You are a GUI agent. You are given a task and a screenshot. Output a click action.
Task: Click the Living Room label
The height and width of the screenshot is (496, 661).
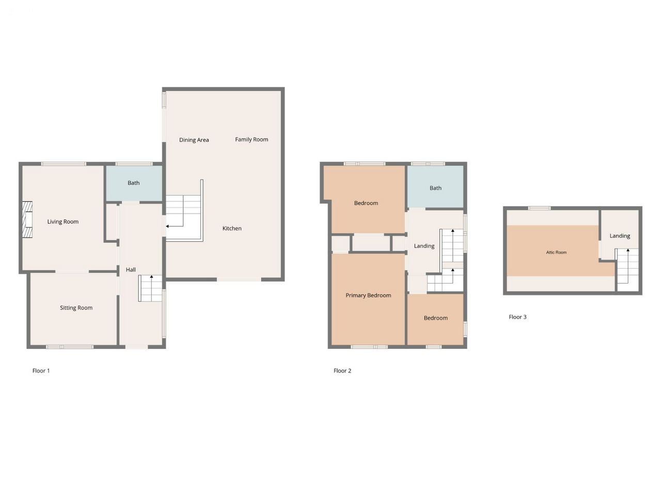(x=62, y=222)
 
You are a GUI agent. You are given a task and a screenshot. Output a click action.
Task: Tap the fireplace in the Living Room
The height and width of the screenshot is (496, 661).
(x=27, y=220)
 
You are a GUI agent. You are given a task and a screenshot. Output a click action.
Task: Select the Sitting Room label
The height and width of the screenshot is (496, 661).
(x=76, y=308)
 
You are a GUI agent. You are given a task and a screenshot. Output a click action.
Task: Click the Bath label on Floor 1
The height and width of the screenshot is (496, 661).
(x=133, y=183)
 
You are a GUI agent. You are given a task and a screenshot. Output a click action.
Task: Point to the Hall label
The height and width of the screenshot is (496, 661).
(x=131, y=270)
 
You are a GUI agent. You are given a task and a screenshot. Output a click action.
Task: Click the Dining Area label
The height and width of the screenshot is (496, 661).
(x=194, y=139)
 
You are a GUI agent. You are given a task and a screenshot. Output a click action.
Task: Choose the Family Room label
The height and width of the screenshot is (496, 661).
(x=251, y=139)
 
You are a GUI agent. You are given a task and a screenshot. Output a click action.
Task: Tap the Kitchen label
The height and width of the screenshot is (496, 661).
(x=232, y=228)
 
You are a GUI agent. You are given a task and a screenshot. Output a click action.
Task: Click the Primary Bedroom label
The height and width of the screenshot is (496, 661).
(x=368, y=296)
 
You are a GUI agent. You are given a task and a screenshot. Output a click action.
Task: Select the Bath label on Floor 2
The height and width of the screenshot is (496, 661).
(x=435, y=188)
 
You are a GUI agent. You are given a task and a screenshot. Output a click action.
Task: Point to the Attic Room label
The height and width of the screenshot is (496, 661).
(x=556, y=252)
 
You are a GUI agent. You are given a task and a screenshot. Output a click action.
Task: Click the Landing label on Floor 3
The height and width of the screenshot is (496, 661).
(x=620, y=236)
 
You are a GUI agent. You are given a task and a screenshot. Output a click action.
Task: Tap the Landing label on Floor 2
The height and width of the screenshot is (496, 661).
(x=424, y=246)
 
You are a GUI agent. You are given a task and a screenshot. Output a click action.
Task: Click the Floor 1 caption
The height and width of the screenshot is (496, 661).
(x=41, y=371)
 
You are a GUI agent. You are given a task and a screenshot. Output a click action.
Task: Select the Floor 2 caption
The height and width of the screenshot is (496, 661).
(x=342, y=371)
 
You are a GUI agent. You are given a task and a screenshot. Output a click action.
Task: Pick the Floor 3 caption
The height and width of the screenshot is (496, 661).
(x=517, y=317)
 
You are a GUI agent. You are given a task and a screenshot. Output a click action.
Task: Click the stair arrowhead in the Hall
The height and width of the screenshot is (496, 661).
(x=151, y=276)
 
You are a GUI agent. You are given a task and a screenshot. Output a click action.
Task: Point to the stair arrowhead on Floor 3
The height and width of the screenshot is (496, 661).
(x=628, y=250)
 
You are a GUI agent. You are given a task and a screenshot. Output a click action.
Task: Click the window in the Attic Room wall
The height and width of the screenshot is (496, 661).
(x=540, y=208)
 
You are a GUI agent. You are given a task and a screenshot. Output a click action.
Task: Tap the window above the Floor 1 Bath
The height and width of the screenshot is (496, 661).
(x=134, y=164)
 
